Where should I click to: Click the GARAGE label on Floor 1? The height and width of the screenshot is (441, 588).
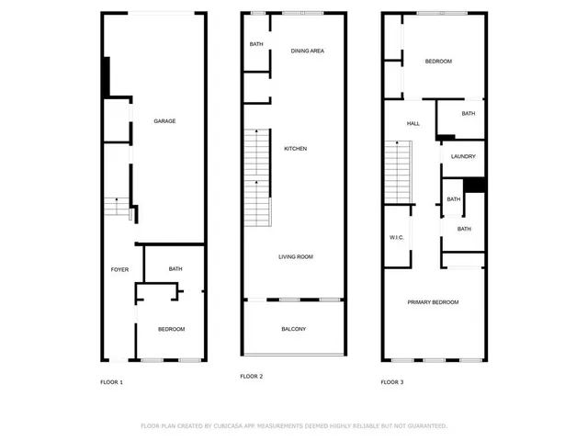click(164, 121)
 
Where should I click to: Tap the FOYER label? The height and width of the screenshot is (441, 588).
click(119, 269)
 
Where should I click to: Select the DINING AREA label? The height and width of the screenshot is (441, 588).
click(308, 51)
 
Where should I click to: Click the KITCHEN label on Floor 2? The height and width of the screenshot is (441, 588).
click(295, 149)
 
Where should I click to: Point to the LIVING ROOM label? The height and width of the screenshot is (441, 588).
click(296, 257)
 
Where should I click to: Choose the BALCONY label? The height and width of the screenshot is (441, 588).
click(293, 329)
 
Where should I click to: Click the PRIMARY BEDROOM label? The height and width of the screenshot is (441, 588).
click(434, 302)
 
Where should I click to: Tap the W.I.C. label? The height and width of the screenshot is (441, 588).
click(397, 238)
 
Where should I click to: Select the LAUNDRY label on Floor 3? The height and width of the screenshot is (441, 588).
click(463, 156)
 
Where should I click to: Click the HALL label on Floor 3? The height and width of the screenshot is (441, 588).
click(413, 123)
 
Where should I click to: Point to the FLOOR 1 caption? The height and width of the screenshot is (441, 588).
click(111, 381)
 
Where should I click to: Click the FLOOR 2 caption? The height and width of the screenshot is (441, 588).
click(252, 377)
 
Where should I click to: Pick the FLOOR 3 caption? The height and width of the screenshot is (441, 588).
click(392, 381)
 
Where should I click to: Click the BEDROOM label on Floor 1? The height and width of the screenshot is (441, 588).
click(171, 329)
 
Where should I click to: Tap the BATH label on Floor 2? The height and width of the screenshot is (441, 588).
click(256, 44)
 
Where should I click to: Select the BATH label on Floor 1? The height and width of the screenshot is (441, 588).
click(175, 269)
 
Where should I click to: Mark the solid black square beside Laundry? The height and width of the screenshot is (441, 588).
click(474, 185)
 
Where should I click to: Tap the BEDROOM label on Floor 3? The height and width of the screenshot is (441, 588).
click(438, 62)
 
